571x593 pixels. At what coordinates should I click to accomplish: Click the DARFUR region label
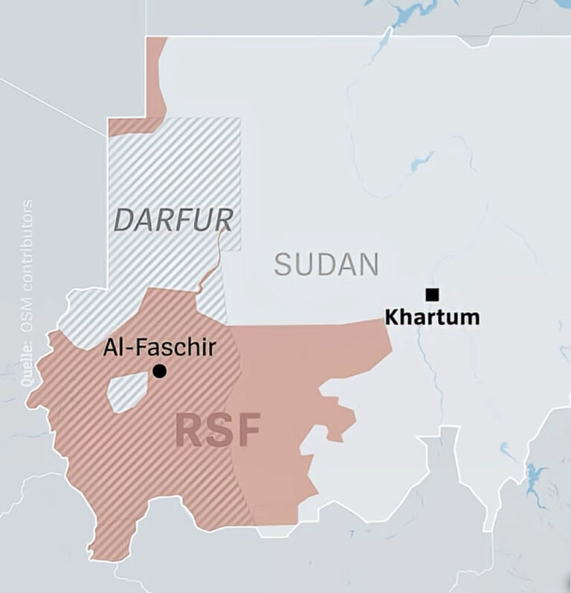(173, 219)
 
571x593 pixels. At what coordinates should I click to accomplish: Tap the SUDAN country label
(326, 264)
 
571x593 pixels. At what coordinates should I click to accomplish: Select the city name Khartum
(432, 317)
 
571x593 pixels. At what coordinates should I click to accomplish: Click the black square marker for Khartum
(432, 294)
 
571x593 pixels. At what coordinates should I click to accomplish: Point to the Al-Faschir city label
(159, 347)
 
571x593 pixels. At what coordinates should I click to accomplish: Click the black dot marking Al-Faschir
(159, 371)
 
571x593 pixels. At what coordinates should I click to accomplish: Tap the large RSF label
(218, 430)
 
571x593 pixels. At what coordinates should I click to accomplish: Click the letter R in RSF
(189, 430)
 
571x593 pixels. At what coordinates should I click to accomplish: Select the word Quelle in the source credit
(28, 363)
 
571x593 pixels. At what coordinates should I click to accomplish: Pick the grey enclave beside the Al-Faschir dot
(128, 393)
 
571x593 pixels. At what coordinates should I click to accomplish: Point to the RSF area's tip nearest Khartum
(387, 327)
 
